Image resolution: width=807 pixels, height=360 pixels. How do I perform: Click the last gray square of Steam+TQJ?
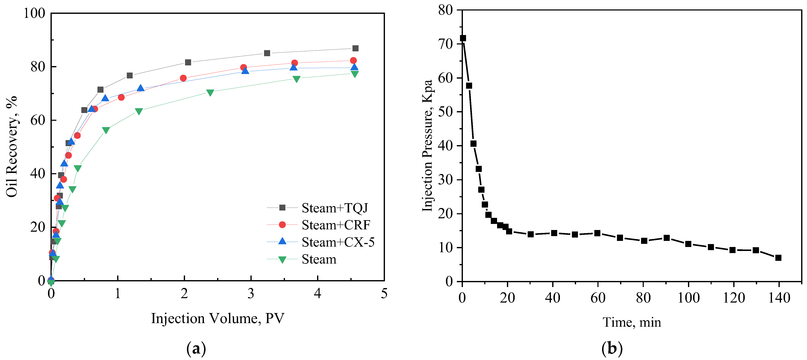click(355, 48)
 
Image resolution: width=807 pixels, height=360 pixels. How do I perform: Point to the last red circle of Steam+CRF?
click(353, 60)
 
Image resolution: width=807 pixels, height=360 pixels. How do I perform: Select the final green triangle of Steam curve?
click(354, 74)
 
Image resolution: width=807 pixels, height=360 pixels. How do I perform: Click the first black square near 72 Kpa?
click(463, 38)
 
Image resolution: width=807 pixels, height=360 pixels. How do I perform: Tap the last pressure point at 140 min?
click(778, 258)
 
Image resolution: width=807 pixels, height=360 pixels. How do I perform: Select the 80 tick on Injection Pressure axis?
click(446, 10)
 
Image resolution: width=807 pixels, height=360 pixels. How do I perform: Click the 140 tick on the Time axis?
click(779, 298)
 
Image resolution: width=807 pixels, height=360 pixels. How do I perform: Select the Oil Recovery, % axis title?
click(12, 147)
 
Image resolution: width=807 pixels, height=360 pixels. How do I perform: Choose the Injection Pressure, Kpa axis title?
click(427, 146)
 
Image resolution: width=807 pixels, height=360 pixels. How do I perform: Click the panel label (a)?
click(196, 348)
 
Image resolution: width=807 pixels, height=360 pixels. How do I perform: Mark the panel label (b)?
click(612, 348)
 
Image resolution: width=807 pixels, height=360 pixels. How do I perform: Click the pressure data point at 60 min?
click(597, 233)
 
